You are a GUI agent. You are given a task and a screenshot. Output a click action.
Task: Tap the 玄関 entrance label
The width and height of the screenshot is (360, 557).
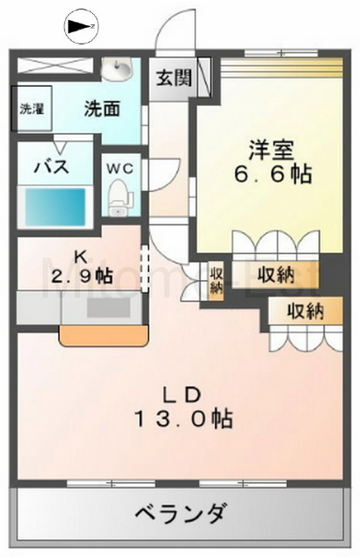click(174, 77)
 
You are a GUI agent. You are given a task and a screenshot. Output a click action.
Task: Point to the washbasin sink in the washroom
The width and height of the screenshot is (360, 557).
click(116, 68)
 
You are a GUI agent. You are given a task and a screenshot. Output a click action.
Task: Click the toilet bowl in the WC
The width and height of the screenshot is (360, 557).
click(118, 197)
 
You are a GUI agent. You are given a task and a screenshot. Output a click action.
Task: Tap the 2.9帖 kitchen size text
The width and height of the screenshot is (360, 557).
click(80, 277)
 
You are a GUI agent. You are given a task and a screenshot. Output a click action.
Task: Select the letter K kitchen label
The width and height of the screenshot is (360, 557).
click(79, 257)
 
